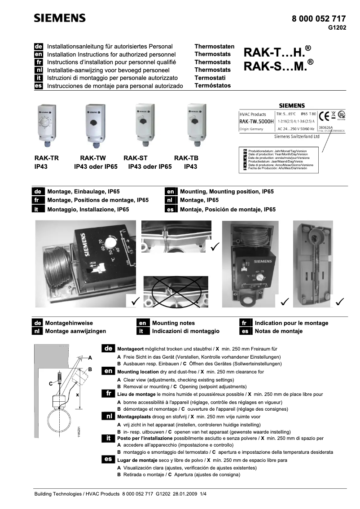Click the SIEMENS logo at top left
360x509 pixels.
point(60,18)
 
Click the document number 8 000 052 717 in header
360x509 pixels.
point(319,19)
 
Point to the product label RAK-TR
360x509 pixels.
point(47,158)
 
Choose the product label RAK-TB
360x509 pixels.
point(186,158)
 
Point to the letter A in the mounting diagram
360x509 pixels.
point(90,358)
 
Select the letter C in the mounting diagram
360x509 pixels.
point(51,384)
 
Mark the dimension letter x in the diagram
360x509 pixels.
point(77,395)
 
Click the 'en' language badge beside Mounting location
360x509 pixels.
point(108,371)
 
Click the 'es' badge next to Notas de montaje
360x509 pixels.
point(245,331)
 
